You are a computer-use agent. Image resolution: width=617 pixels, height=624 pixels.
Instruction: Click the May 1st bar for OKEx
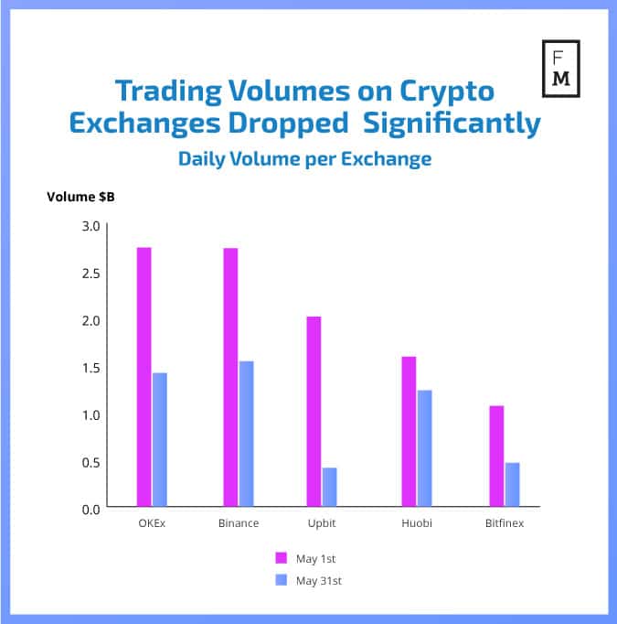pos(144,376)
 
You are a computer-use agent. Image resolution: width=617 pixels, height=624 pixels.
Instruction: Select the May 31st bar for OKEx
pos(160,439)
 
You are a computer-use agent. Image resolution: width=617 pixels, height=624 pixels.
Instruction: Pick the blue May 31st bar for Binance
pos(247,434)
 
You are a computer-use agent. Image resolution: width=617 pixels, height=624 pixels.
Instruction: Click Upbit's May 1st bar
pos(314,411)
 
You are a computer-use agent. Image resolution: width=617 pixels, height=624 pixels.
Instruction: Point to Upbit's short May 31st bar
pos(330,487)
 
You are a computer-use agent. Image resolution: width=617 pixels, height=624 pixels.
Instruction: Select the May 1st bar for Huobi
pos(409,431)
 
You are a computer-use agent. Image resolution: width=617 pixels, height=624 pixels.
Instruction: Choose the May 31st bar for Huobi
pos(424,448)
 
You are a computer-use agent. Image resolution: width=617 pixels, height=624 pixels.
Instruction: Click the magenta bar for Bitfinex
pos(496,456)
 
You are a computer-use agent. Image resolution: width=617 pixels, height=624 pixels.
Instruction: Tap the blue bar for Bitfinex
pos(513,484)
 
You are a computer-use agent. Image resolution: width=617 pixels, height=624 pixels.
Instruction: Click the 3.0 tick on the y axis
pos(90,225)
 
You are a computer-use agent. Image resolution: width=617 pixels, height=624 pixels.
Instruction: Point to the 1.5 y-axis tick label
pos(90,368)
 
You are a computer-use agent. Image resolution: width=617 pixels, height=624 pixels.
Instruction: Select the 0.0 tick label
pos(90,509)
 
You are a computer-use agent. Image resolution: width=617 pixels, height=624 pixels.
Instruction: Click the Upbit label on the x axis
pos(322,523)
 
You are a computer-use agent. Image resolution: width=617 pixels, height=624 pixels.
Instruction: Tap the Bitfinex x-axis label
pos(505,523)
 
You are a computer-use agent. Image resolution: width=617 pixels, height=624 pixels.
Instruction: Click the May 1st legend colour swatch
pos(282,557)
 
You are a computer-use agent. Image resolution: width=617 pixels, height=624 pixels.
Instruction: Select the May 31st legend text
pos(321,580)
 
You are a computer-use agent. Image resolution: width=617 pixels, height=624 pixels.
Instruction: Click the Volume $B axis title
pos(80,197)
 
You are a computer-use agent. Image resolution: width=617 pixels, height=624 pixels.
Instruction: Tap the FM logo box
pos(561,68)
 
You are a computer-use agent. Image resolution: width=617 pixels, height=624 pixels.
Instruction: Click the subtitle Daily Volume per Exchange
pos(304,158)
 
